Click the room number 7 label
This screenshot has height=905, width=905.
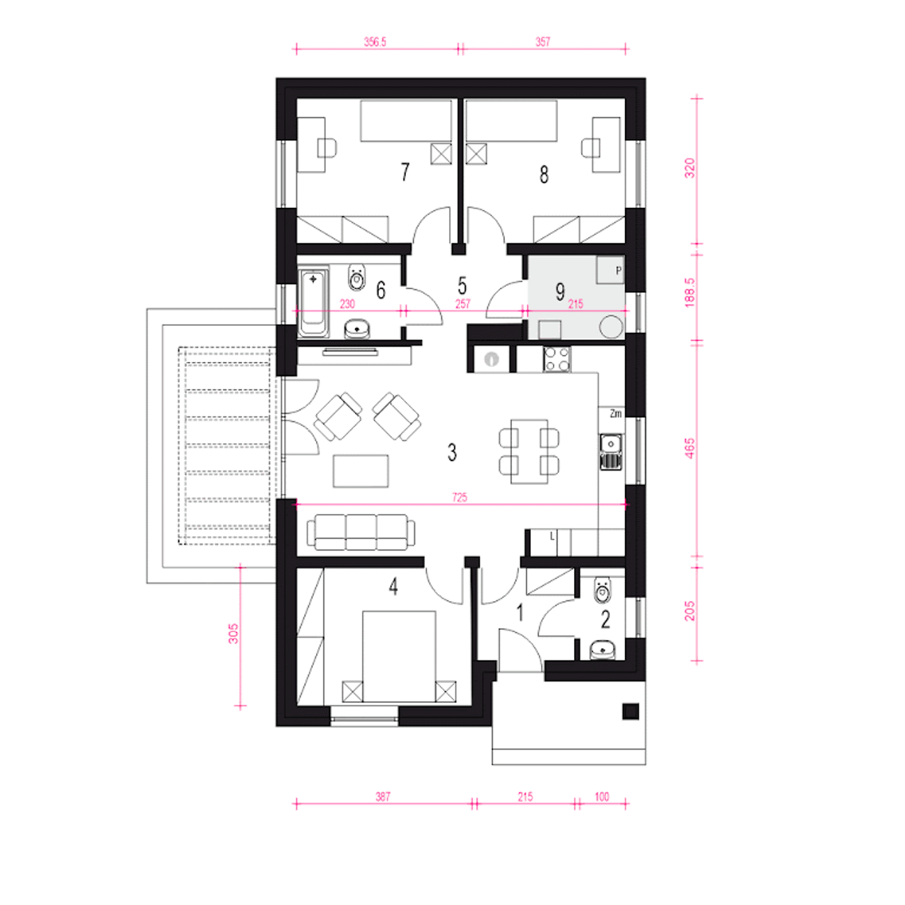click(405, 172)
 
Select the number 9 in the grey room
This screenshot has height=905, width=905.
click(560, 291)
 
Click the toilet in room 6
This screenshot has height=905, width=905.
click(357, 278)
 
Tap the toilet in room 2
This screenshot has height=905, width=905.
click(603, 590)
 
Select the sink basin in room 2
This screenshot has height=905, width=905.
click(603, 650)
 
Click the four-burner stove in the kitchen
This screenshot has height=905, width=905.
click(557, 359)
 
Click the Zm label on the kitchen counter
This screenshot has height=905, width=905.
click(616, 414)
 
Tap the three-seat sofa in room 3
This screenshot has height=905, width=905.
click(361, 532)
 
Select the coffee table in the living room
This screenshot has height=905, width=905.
click(361, 471)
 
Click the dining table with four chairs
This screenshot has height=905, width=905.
click(530, 451)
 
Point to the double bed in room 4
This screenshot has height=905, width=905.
click(399, 657)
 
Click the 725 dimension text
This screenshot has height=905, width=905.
click(460, 497)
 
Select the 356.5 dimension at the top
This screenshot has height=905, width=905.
click(375, 42)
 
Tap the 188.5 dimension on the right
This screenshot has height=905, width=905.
click(689, 292)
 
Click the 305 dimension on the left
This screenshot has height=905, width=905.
click(233, 633)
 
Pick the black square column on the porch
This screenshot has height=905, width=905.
click(631, 711)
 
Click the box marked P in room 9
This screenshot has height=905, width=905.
click(611, 269)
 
